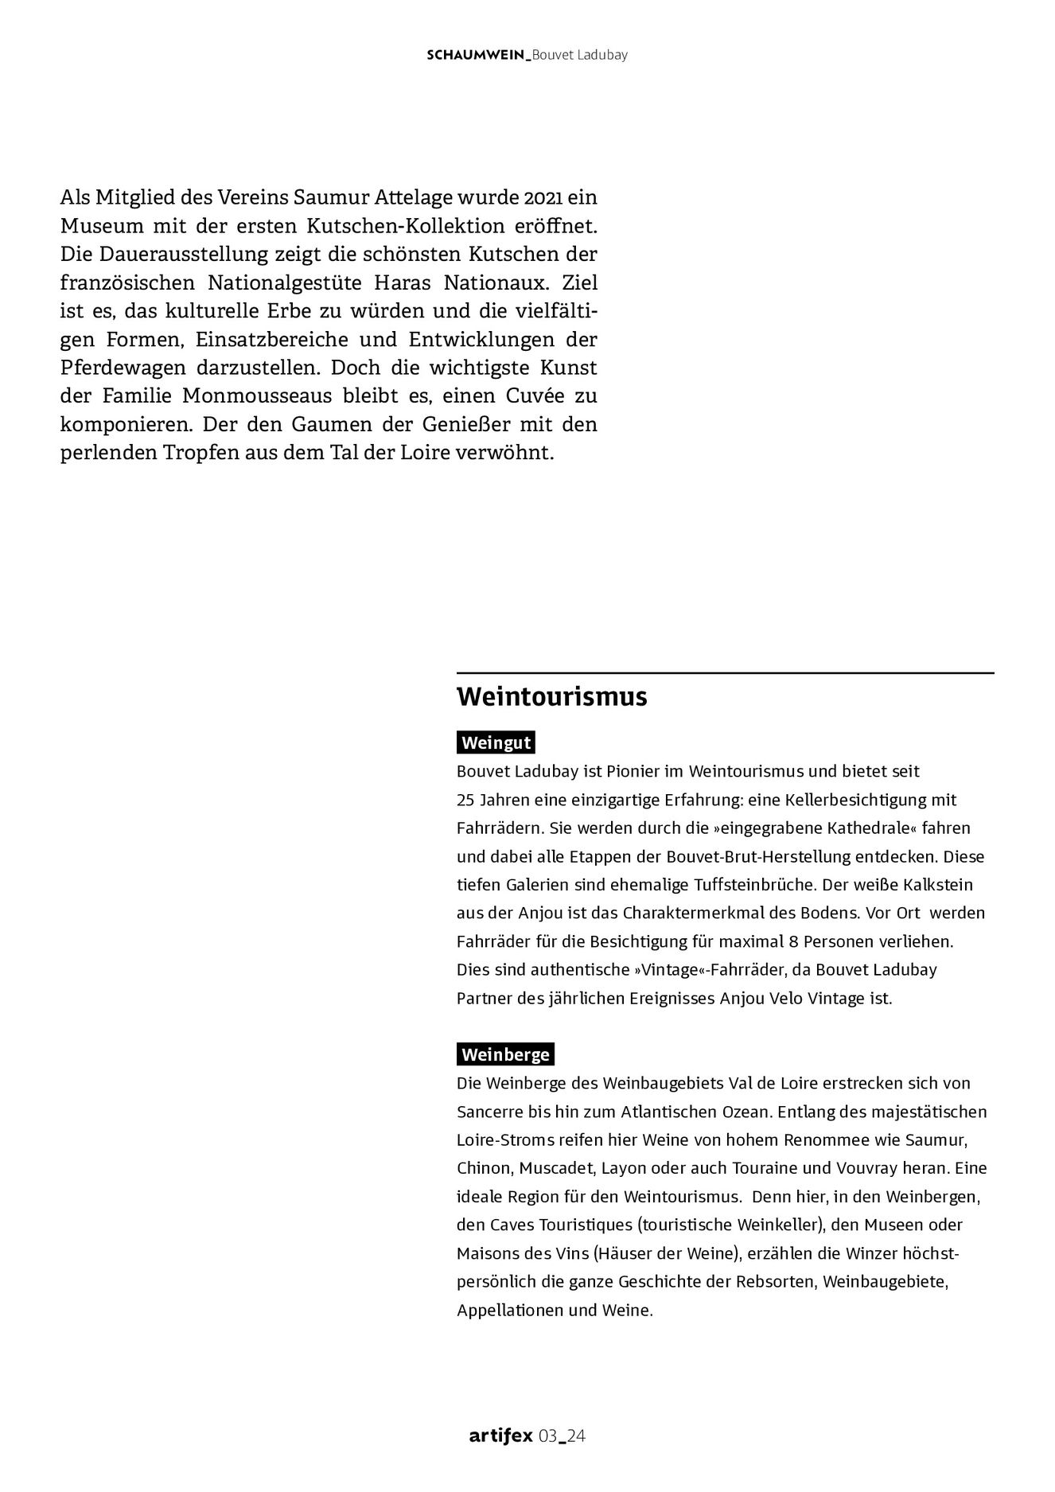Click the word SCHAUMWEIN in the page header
coord(476,55)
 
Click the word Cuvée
coord(529,397)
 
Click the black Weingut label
coord(496,743)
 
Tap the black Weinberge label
coord(505,1055)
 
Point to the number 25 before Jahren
coord(465,800)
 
